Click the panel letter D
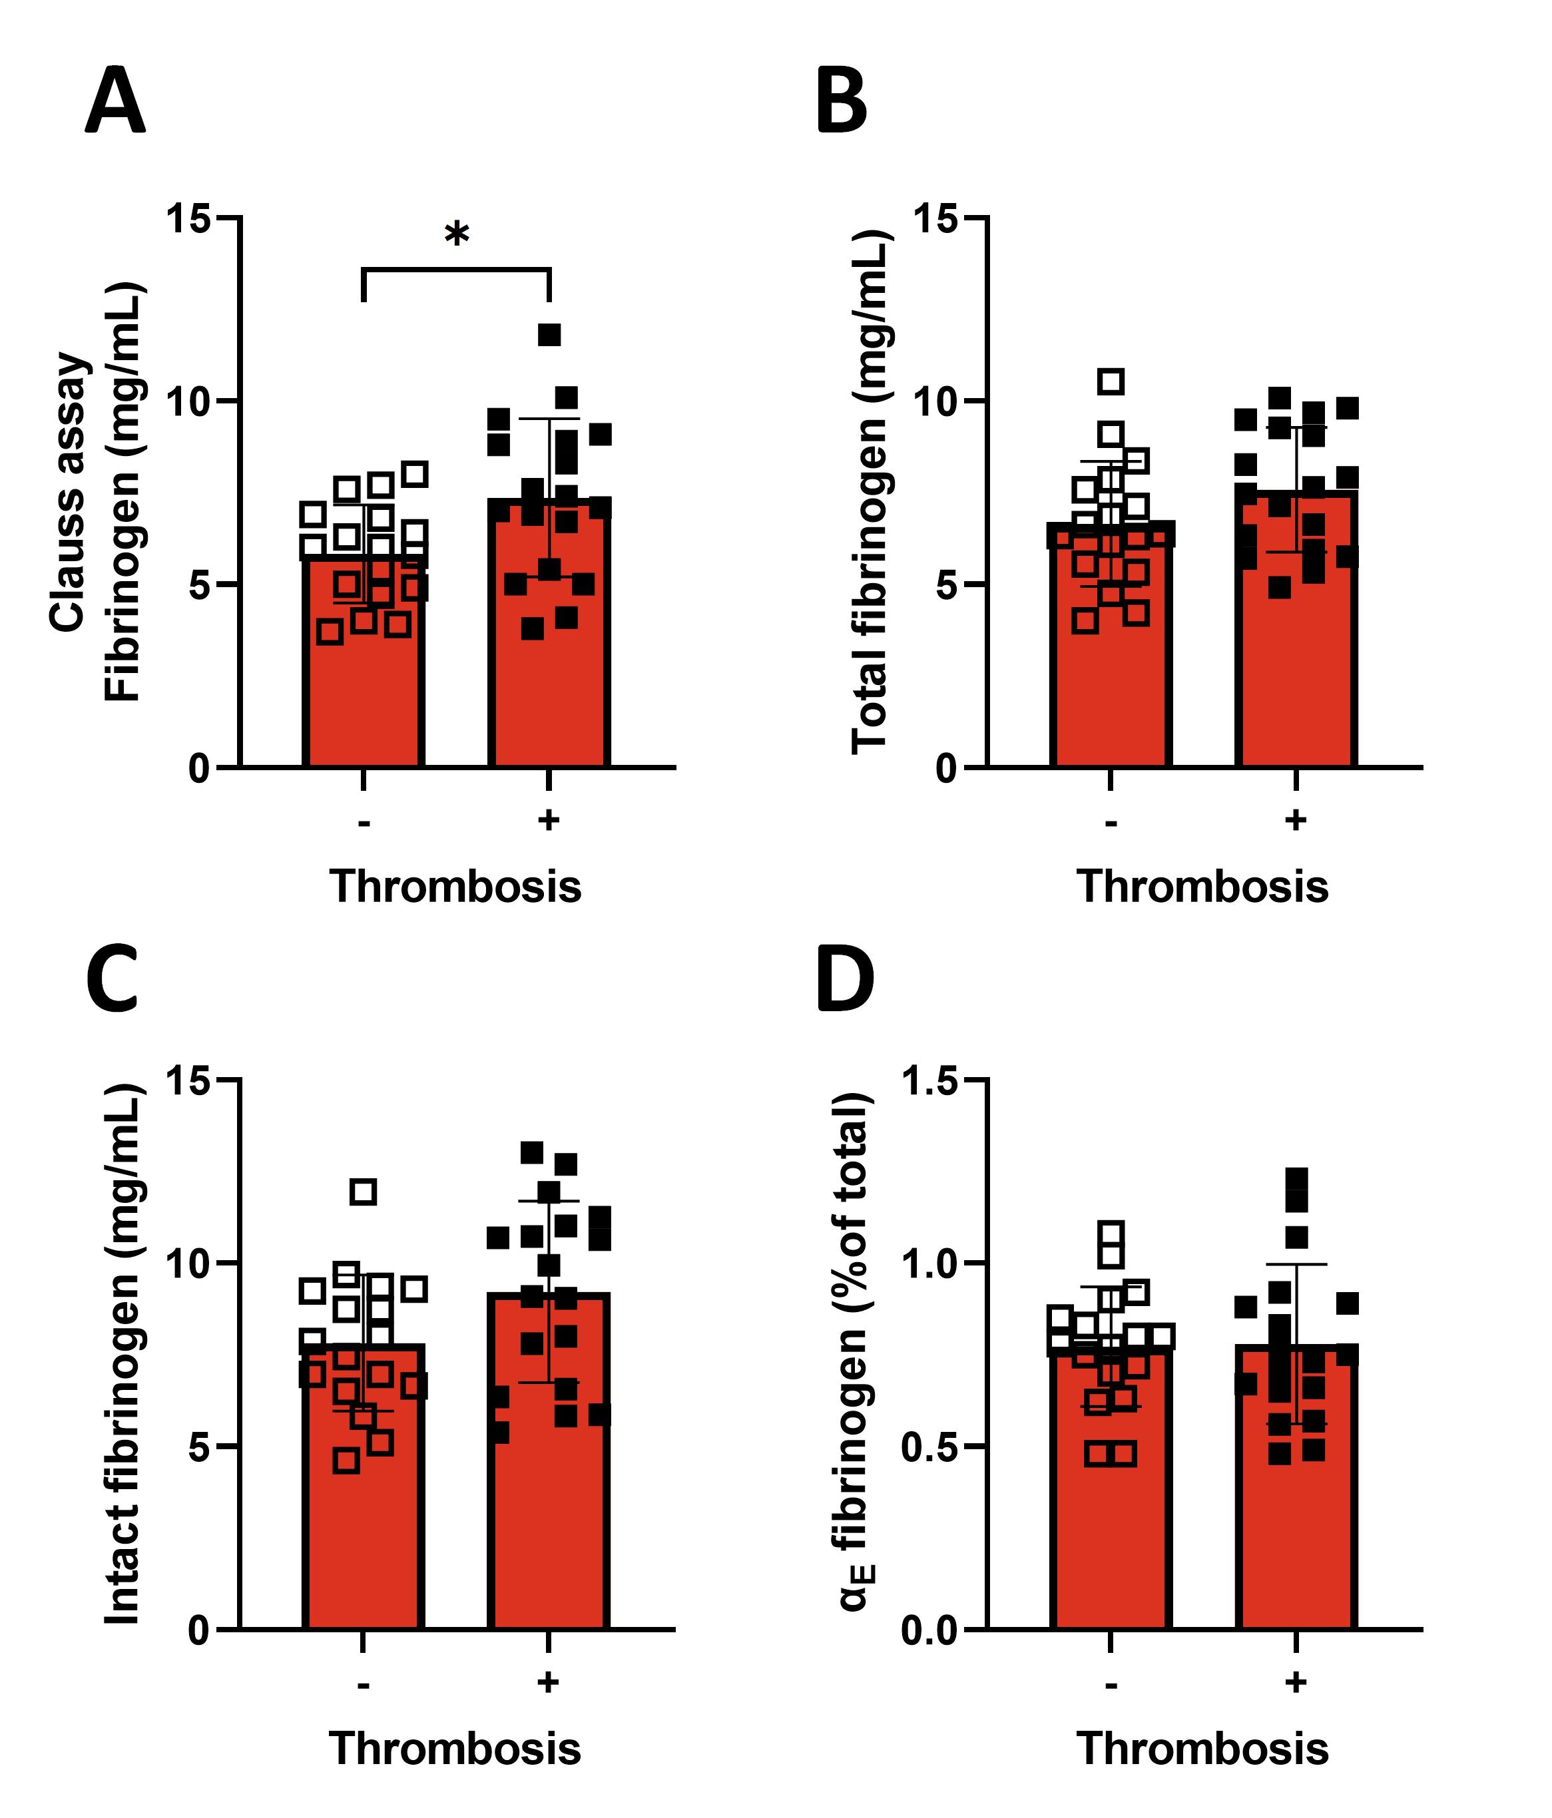coord(844,979)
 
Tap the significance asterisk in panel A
coord(456,235)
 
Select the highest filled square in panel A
coord(549,334)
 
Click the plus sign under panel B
coord(1296,820)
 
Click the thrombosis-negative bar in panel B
coord(1111,667)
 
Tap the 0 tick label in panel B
coord(945,770)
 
